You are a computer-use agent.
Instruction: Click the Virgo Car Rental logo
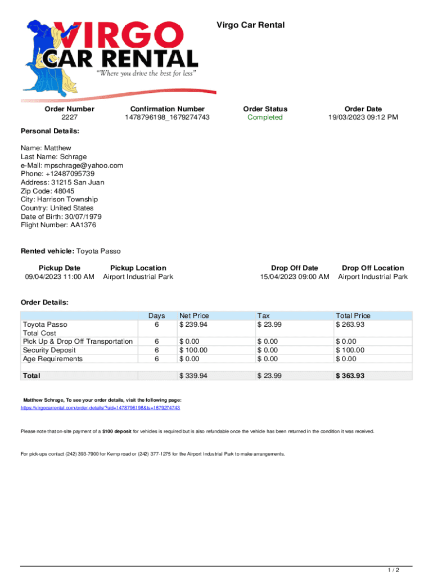[110, 56]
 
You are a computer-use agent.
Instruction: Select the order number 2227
[70, 118]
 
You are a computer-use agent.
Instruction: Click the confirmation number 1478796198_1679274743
[167, 118]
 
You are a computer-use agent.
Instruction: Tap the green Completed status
[265, 118]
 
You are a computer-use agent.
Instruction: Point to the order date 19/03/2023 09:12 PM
[363, 118]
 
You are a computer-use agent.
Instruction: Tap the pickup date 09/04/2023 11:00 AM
[60, 277]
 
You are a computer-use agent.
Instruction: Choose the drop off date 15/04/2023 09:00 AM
[294, 277]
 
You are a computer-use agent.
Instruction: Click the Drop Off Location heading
[373, 268]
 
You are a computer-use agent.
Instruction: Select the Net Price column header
[194, 316]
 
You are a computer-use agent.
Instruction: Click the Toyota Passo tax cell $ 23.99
[269, 325]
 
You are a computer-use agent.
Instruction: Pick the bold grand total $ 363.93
[350, 376]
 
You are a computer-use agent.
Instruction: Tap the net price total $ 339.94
[193, 376]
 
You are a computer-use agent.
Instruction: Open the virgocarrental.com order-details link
[100, 407]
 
